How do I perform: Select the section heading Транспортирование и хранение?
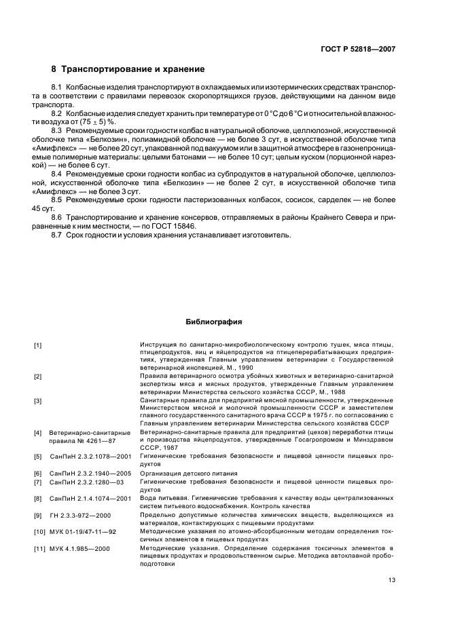click(x=133, y=69)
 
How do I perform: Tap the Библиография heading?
click(x=214, y=322)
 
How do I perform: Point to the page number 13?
click(x=391, y=579)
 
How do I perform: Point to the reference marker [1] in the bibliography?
click(x=38, y=345)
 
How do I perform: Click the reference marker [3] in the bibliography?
click(x=38, y=401)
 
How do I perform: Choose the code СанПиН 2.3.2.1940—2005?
click(x=90, y=472)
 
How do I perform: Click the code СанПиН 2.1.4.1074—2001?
click(x=90, y=499)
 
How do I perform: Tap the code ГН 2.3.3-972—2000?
click(x=80, y=516)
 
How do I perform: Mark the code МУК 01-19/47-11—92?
click(x=84, y=533)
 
